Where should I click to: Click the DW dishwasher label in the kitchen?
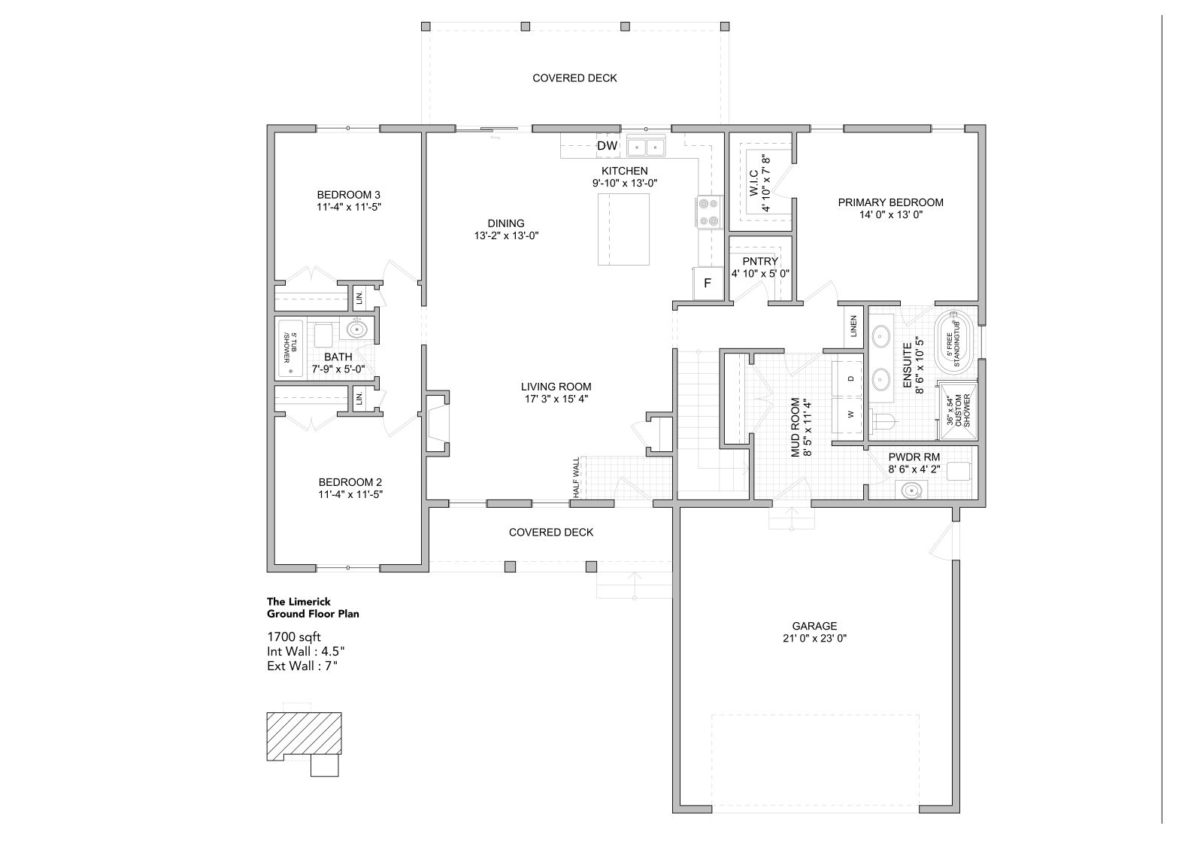click(607, 146)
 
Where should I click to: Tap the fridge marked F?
click(708, 284)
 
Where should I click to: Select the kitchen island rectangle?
click(623, 229)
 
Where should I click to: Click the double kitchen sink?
click(646, 146)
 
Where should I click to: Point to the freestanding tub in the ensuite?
click(955, 343)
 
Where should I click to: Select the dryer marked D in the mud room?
click(847, 378)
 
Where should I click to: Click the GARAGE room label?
click(814, 626)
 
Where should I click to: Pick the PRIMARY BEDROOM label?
click(891, 202)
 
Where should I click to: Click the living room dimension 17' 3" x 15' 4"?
click(556, 399)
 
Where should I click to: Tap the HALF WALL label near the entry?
click(576, 477)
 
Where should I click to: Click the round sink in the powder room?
click(911, 491)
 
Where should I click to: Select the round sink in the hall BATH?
click(357, 330)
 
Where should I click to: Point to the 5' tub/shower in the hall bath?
click(290, 348)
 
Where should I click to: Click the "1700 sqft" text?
click(294, 636)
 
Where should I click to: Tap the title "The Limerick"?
click(299, 601)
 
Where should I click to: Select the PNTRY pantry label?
click(760, 261)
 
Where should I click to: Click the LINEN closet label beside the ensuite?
click(853, 326)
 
